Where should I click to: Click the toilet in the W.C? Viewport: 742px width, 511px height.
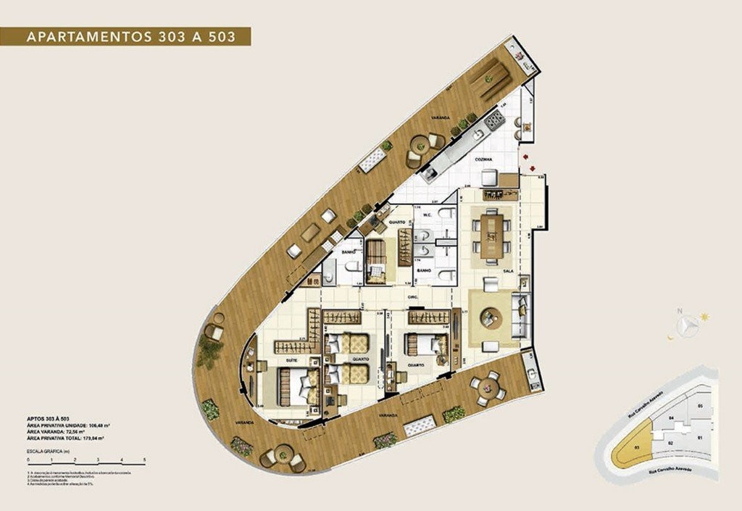(447, 214)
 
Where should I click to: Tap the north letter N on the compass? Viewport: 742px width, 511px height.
(679, 312)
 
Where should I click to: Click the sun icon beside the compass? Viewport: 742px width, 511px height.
(704, 317)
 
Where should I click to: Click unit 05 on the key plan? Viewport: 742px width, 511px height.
(700, 406)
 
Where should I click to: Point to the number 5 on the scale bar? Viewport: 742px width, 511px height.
(145, 460)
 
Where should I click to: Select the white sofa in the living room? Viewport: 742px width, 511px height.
(520, 316)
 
